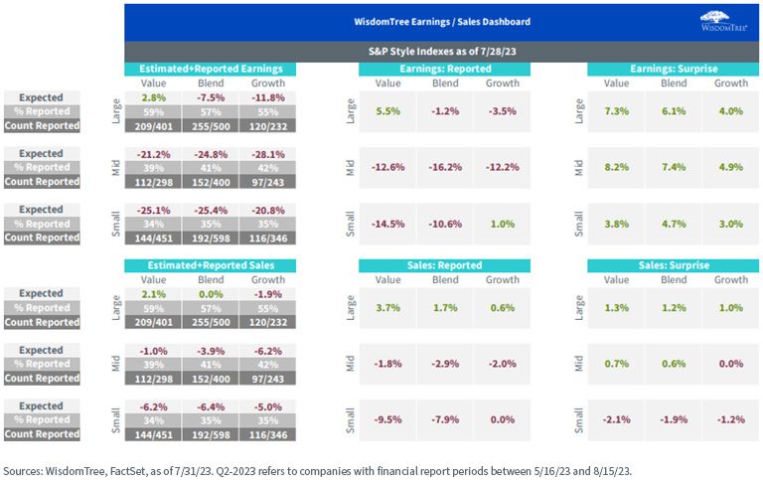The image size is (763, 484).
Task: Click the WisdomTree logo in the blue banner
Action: click(x=723, y=22)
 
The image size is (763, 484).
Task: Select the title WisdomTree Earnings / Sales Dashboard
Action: click(x=442, y=22)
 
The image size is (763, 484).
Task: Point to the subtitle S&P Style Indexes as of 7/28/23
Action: click(x=442, y=51)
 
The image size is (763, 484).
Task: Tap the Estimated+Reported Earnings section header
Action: click(x=211, y=69)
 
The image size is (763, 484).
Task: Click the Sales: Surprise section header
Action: click(x=674, y=265)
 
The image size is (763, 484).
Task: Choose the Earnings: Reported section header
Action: click(x=445, y=69)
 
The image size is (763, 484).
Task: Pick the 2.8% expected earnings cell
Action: click(x=153, y=97)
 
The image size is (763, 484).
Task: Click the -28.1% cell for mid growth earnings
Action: click(x=267, y=154)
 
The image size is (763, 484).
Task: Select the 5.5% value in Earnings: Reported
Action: click(x=387, y=111)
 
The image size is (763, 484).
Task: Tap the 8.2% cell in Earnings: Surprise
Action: click(x=617, y=167)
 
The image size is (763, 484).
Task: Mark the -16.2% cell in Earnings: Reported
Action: click(x=445, y=167)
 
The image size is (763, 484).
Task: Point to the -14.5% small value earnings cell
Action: click(x=387, y=224)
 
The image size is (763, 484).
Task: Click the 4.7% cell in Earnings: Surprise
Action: click(x=674, y=224)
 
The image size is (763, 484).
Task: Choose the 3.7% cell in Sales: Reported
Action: click(x=387, y=308)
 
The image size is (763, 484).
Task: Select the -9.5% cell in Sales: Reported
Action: click(x=387, y=419)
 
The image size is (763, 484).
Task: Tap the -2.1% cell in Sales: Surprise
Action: click(x=617, y=419)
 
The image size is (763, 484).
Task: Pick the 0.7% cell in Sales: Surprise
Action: click(x=617, y=364)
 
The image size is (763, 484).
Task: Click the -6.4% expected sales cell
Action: click(x=211, y=406)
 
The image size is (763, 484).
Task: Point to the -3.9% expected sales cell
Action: click(x=211, y=351)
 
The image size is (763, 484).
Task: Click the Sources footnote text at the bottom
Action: click(x=317, y=471)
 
